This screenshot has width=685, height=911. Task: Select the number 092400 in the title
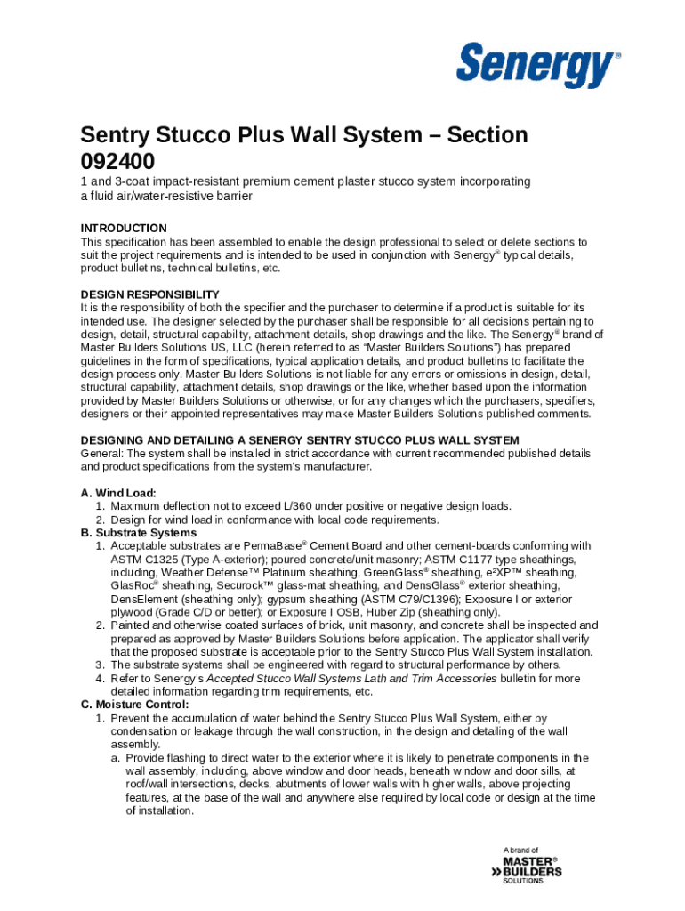tap(117, 162)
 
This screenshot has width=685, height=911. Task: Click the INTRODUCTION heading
tap(124, 229)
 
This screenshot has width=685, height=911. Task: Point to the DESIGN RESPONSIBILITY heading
tap(149, 294)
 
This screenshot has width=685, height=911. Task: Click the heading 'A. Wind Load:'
tap(118, 493)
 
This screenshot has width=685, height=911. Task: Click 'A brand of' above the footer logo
tap(520, 851)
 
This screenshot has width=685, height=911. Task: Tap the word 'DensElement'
tap(145, 600)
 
